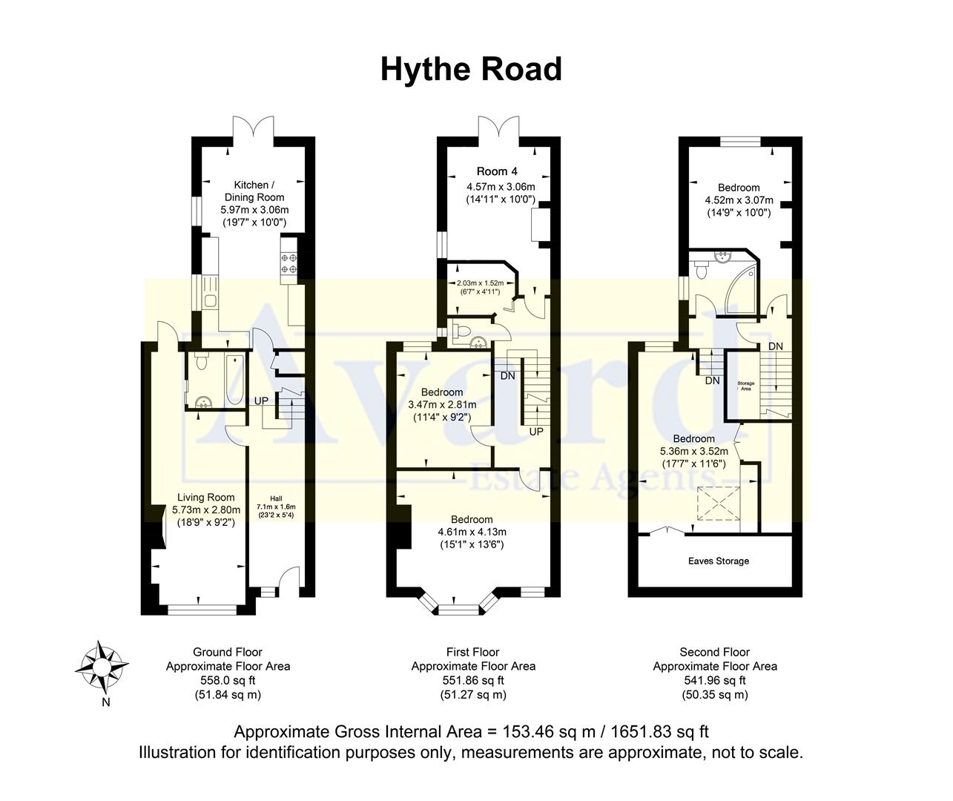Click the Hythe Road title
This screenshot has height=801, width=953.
pos(471,69)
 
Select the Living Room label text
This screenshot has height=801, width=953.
pos(205,498)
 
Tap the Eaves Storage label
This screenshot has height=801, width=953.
pos(716,561)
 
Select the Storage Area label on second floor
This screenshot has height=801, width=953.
pos(745,386)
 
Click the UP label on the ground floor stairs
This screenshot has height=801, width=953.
pos(261,400)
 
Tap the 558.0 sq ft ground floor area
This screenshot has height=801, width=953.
pos(228,680)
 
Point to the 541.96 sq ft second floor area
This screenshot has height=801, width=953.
pos(715,680)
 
